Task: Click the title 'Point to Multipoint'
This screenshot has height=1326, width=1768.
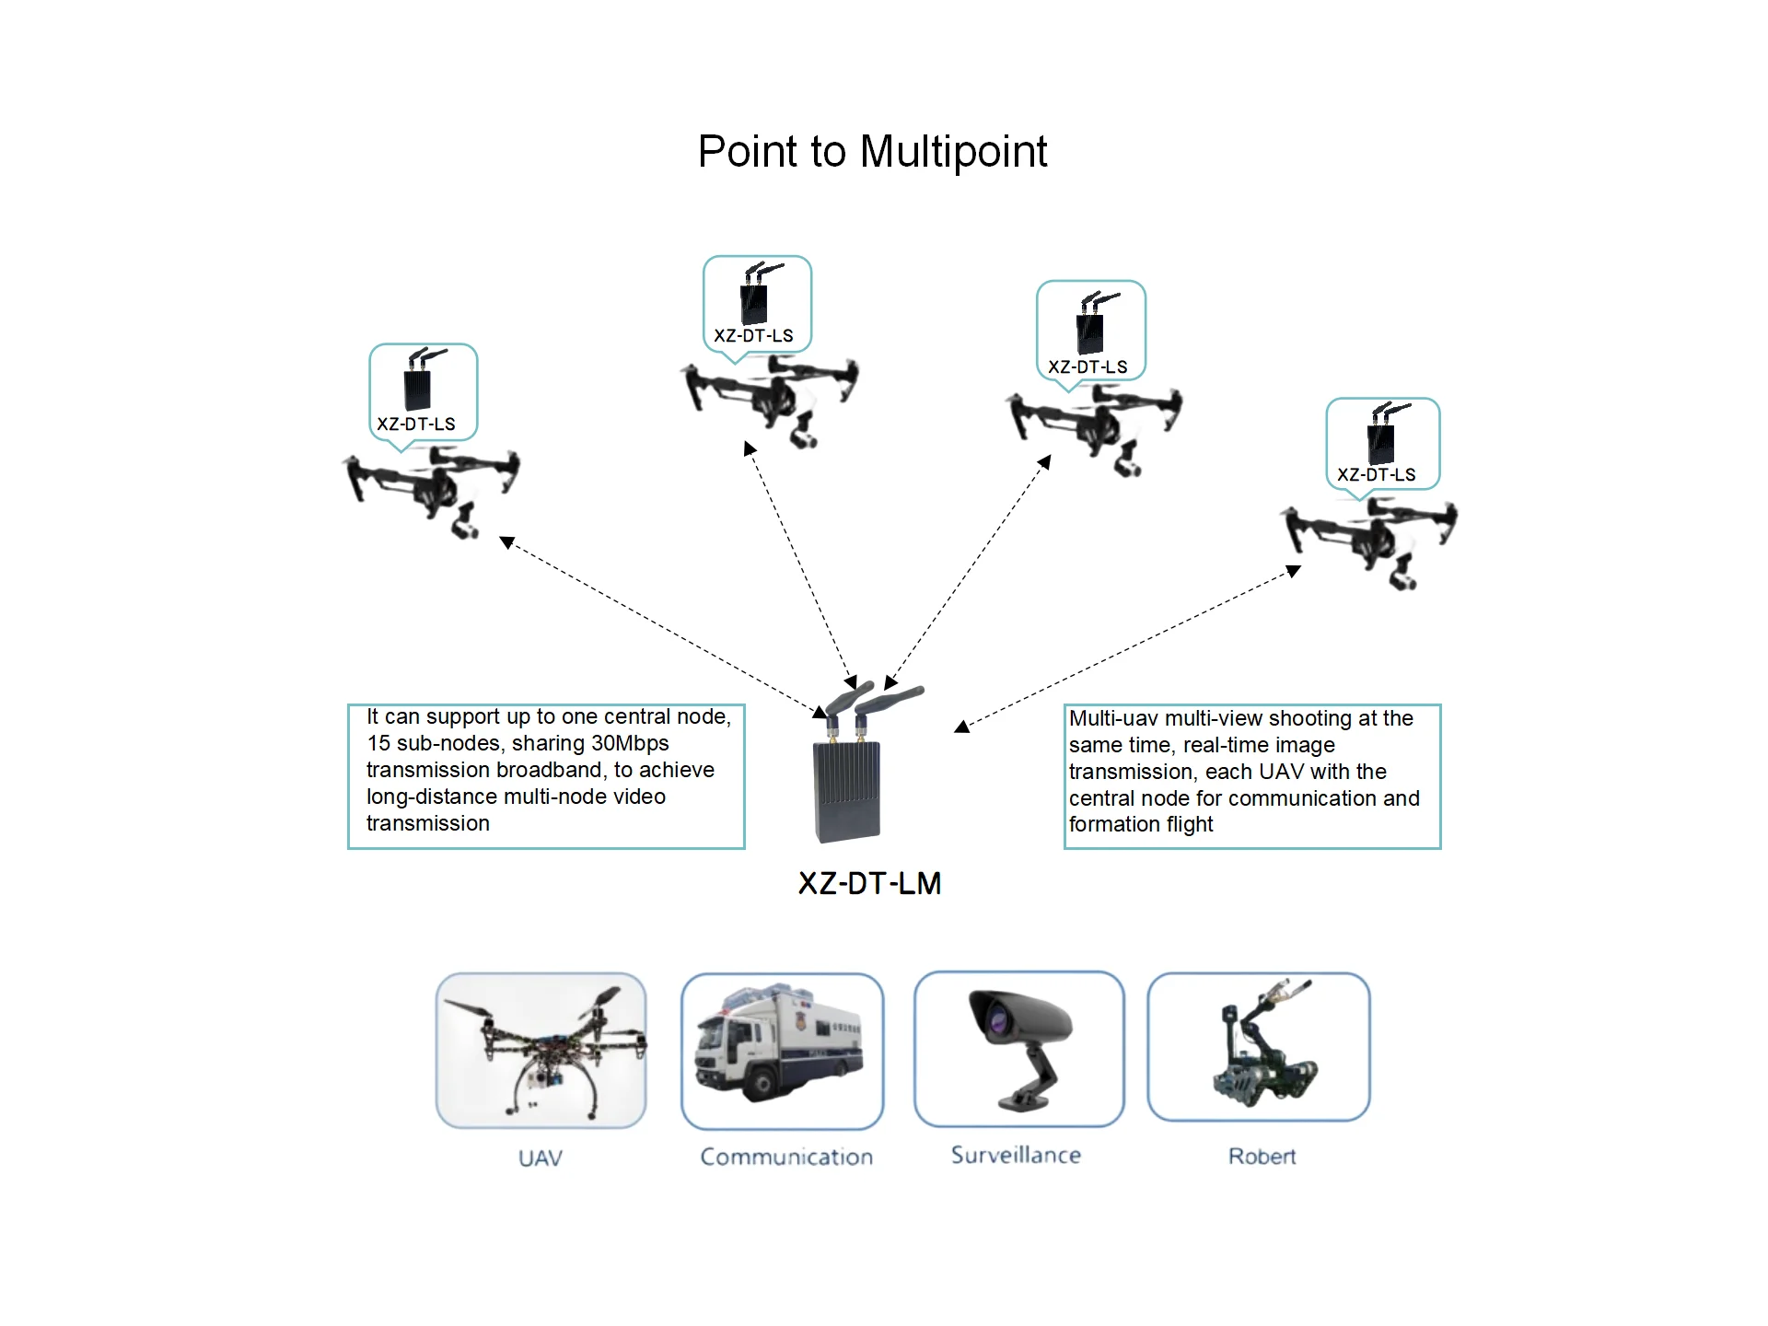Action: [x=872, y=152]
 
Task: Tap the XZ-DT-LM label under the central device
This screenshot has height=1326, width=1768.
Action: [x=869, y=884]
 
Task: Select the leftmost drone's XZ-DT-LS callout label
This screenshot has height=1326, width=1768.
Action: [x=416, y=425]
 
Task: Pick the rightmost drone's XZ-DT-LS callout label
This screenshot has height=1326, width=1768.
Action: [x=1376, y=475]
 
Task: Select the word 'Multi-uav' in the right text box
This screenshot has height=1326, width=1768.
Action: [x=1113, y=719]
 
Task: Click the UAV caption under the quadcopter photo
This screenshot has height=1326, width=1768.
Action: [x=541, y=1158]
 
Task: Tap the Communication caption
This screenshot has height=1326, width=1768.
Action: [x=786, y=1157]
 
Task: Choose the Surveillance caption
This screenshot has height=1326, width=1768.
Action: [x=1016, y=1156]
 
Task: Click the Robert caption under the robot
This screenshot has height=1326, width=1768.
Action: [x=1262, y=1157]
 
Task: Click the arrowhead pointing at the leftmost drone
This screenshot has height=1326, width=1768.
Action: [x=506, y=542]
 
